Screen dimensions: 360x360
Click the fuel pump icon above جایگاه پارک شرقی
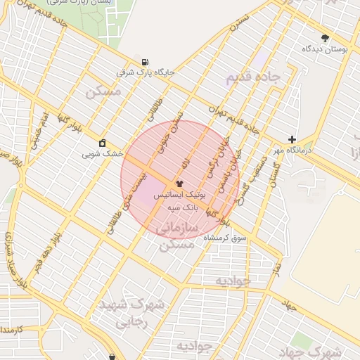click(x=145, y=62)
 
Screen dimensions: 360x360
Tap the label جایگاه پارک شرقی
click(x=146, y=72)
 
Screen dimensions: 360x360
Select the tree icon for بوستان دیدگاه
click(x=325, y=39)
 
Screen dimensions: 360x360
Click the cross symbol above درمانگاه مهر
click(x=292, y=139)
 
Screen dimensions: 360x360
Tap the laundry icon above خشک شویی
click(x=103, y=142)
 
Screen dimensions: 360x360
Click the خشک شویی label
click(x=103, y=153)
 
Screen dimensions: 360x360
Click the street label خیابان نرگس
click(x=212, y=160)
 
